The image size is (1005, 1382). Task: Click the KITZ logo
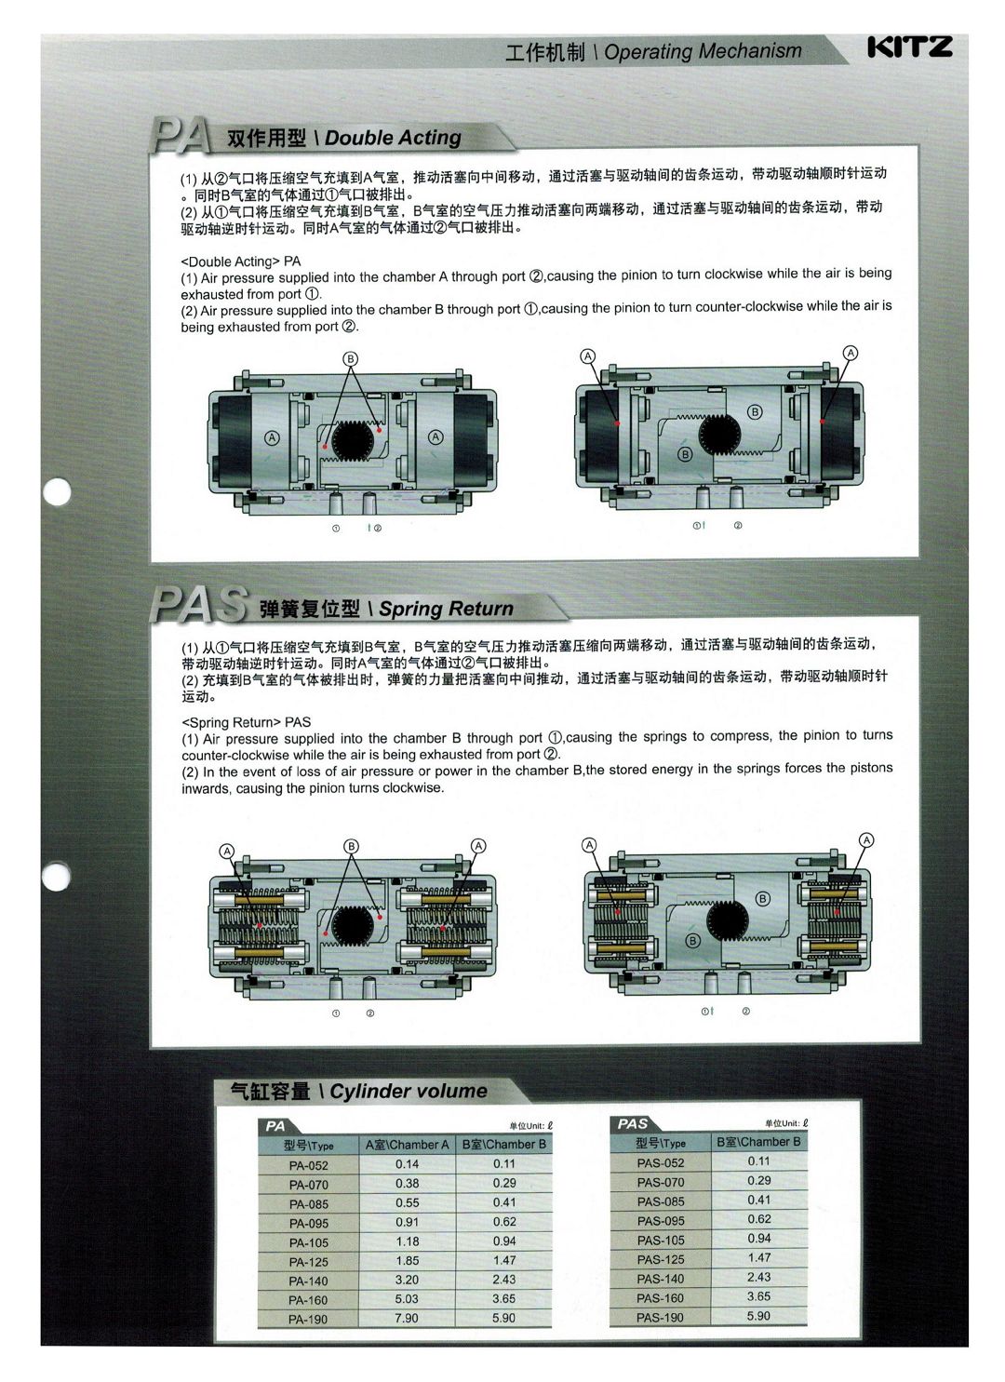coord(909,47)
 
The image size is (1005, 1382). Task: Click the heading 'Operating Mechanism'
coord(703,51)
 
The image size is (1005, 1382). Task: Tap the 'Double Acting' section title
coord(393,138)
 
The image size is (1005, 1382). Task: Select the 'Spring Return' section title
coord(446,609)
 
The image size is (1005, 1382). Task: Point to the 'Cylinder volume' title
coord(409,1091)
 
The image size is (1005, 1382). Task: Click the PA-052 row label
coord(308,1165)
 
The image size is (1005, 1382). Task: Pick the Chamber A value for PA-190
coord(407,1318)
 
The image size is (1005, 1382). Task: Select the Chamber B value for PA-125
coord(504,1260)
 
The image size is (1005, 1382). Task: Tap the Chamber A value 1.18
coord(407,1241)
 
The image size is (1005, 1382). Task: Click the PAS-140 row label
coord(660,1279)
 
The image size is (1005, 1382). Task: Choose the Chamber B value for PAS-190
coord(758,1315)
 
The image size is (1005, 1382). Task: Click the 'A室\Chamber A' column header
coord(407,1145)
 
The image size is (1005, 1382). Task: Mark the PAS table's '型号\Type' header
coord(660,1143)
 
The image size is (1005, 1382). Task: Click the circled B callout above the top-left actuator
coord(351,359)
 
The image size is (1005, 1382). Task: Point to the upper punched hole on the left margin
coord(58,492)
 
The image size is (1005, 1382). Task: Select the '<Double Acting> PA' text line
coord(241,262)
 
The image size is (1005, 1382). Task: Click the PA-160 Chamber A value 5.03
coord(407,1299)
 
